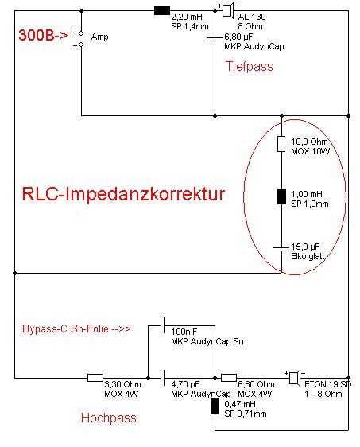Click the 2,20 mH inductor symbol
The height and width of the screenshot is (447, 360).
pos(162,11)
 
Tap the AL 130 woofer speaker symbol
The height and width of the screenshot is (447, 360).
pos(228,10)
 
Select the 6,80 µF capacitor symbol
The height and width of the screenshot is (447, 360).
pos(215,38)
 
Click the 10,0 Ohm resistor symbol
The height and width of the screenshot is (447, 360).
pos(281,144)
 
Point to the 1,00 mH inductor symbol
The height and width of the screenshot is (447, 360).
pos(281,196)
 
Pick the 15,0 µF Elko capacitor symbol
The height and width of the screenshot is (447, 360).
pos(281,249)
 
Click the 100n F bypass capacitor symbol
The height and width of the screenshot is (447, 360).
pos(162,325)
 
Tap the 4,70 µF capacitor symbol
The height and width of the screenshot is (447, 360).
pos(162,378)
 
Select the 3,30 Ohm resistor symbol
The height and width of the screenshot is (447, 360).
pos(95,378)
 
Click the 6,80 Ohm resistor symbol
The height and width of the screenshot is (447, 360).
pos(229,378)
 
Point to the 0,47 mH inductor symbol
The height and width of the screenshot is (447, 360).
pos(215,406)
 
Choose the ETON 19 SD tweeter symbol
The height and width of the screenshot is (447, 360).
pos(295,378)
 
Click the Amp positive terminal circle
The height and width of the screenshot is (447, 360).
pos(81,33)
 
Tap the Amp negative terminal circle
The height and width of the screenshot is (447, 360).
pos(81,45)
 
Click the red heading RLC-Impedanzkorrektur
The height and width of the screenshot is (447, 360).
pos(124,194)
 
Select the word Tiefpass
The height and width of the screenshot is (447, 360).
pos(250,66)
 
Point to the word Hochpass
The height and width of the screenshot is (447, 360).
pos(109,418)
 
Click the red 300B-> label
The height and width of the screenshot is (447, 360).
pos(43,35)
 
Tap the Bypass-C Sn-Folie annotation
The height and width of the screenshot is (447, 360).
pos(76,328)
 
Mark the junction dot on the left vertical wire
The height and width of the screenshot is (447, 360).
pos(15,273)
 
